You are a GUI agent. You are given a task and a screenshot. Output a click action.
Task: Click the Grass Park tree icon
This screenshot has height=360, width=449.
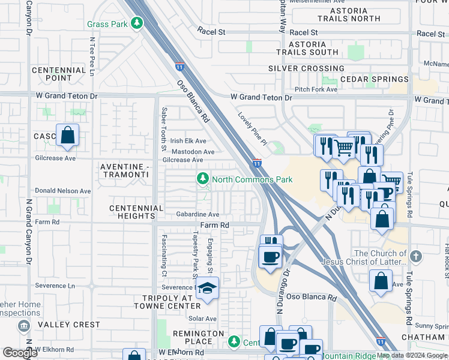tap(137, 23)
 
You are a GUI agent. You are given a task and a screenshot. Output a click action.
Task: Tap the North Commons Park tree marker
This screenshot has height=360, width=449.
tap(203, 179)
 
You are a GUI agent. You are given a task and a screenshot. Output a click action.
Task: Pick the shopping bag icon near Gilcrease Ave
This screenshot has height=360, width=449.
tap(67, 136)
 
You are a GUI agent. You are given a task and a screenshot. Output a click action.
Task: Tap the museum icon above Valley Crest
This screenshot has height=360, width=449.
tap(23, 326)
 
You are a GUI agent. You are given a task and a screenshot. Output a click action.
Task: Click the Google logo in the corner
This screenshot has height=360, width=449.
tap(20, 352)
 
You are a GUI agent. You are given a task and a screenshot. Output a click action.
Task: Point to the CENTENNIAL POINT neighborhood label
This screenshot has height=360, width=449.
tap(58, 74)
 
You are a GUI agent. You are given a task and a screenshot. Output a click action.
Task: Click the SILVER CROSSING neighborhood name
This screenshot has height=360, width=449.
tap(306, 68)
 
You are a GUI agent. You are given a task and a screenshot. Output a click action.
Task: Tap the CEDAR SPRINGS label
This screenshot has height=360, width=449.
tap(375, 79)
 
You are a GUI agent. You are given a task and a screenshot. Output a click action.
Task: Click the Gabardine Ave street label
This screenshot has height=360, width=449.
tap(197, 214)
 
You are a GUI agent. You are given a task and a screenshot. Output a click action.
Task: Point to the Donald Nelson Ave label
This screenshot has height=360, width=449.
tap(63, 191)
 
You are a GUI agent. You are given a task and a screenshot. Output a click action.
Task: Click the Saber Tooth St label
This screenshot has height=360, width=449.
tap(163, 128)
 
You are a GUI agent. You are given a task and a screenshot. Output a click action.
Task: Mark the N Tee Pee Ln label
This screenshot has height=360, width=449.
tap(92, 56)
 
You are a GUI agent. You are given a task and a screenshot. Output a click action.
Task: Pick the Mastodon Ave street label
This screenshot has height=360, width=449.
tap(193, 152)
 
